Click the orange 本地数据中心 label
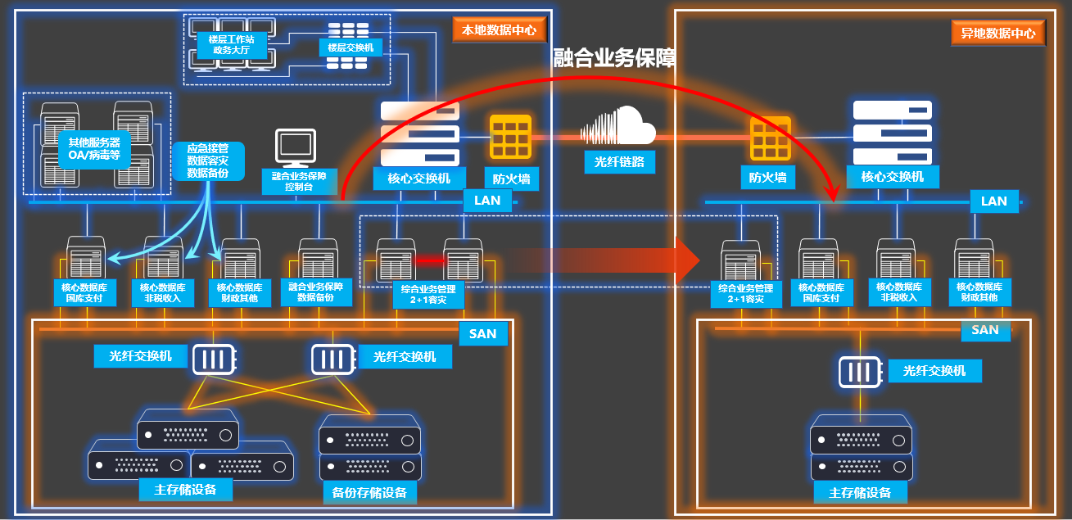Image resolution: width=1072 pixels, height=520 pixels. coord(499,30)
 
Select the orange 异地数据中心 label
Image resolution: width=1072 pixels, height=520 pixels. coord(998,34)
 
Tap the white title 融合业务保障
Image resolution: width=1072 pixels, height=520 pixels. coord(614,58)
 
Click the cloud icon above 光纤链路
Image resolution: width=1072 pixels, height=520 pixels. coord(619,127)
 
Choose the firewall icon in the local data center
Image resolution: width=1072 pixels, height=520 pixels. coord(511,137)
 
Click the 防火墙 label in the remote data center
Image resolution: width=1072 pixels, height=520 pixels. coord(768,176)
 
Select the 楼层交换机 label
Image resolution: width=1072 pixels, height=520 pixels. coord(350,48)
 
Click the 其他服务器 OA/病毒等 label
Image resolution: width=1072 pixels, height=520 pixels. coord(94,148)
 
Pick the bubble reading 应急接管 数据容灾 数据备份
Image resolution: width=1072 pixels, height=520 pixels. coord(208,161)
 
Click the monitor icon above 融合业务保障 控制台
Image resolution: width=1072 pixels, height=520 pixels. coord(296,148)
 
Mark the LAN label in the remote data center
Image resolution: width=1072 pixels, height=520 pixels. coord(993,201)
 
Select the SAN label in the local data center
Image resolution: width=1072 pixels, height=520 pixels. coord(482,333)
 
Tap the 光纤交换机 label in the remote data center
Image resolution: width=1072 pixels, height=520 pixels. coord(934,371)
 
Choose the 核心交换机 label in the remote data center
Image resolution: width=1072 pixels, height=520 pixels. coord(892,176)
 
